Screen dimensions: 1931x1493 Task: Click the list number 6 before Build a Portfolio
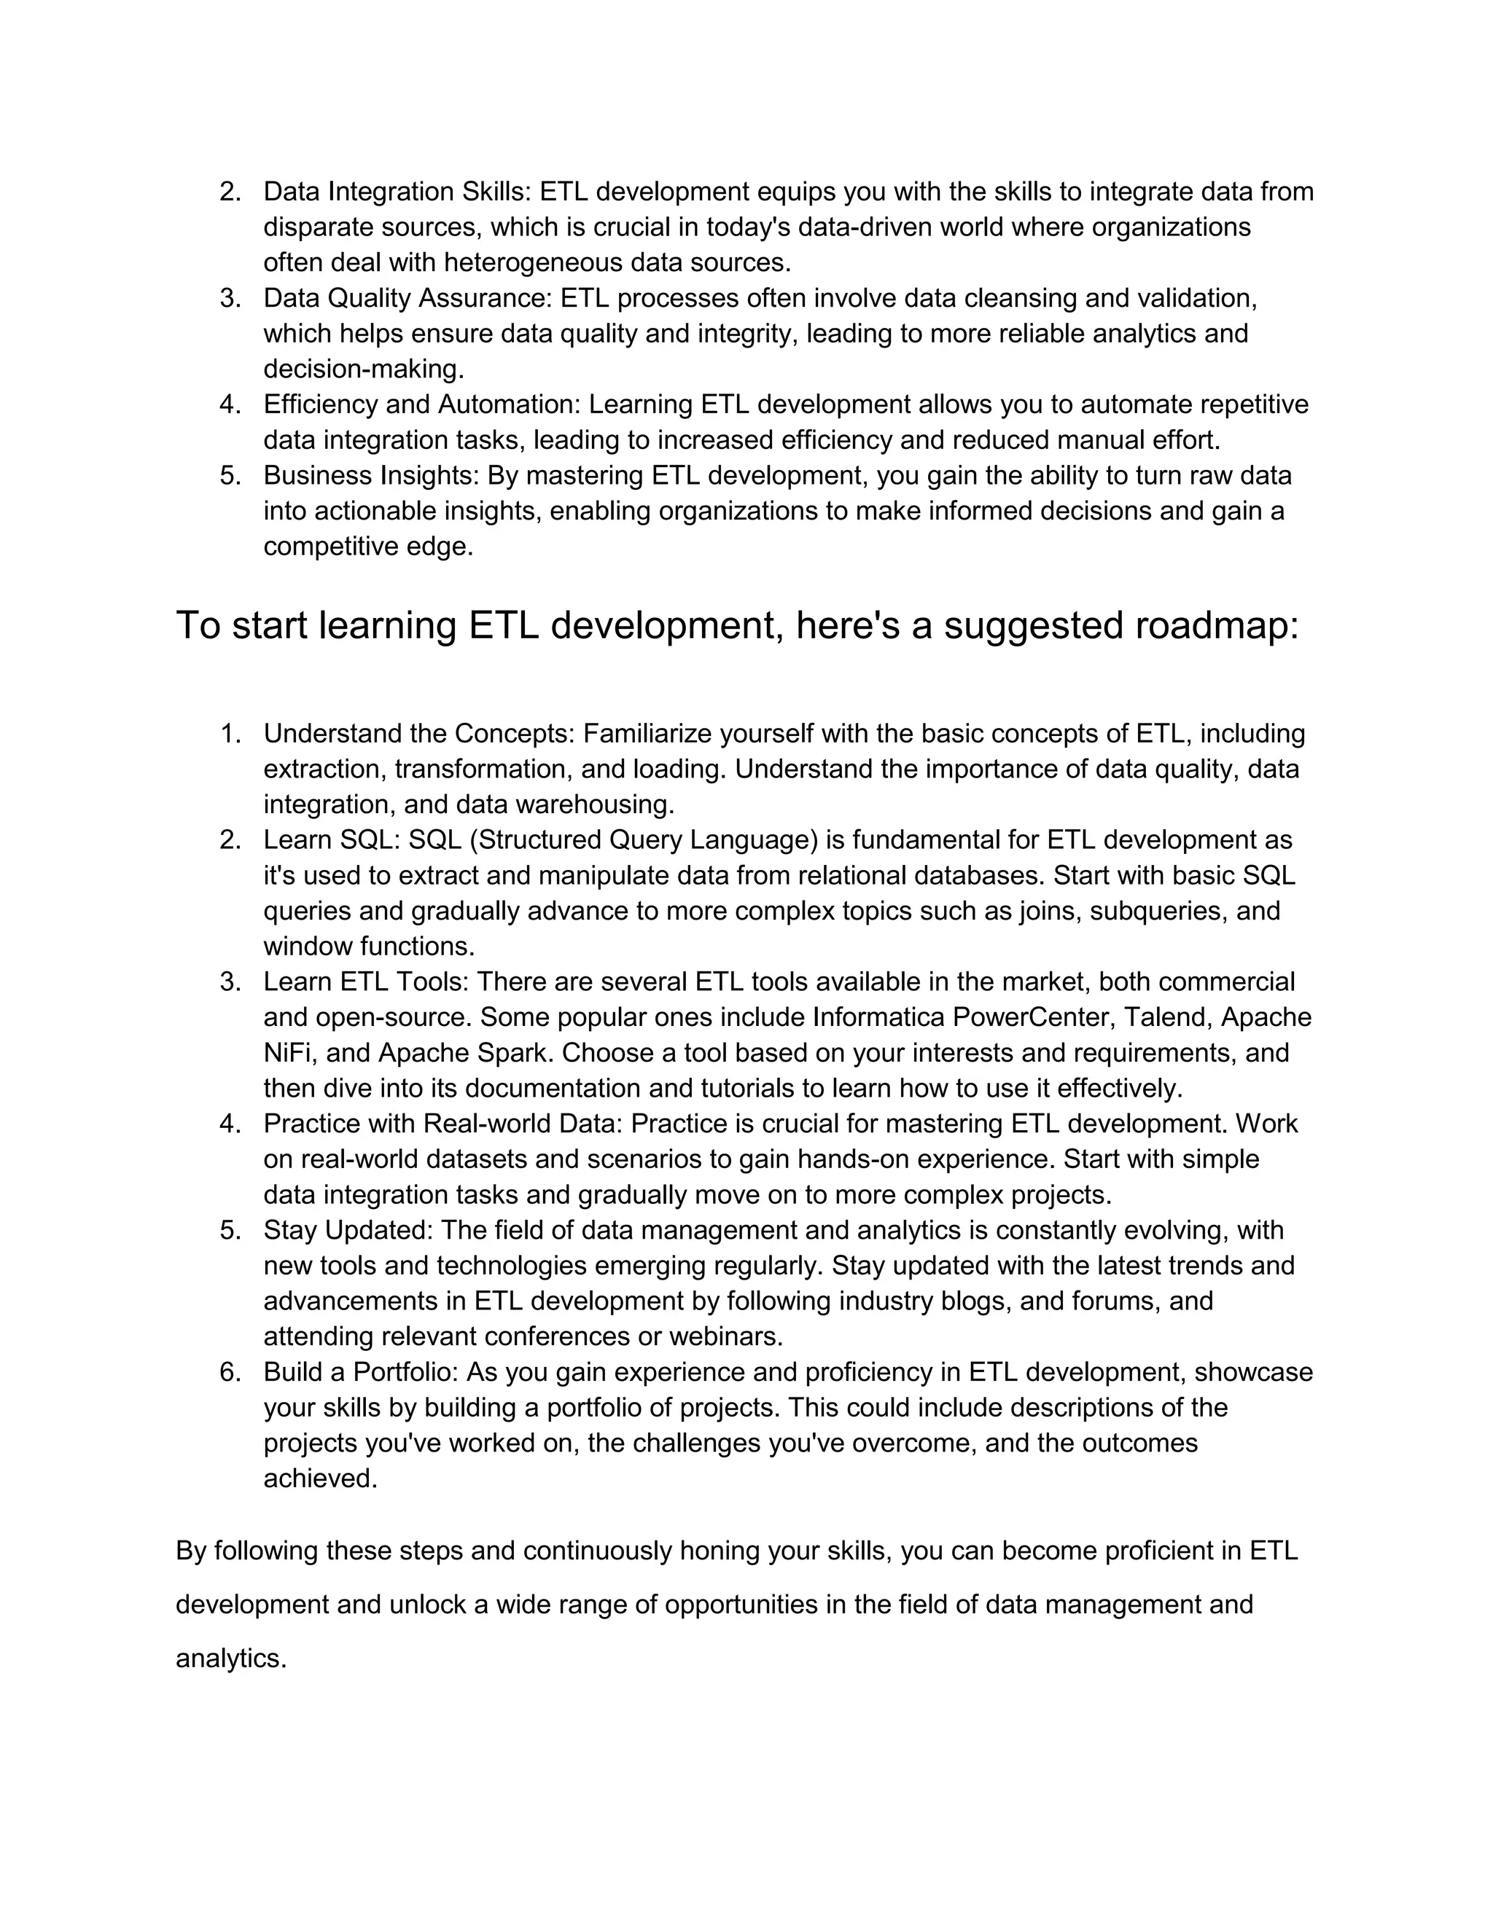229,1371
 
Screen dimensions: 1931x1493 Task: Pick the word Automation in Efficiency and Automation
507,404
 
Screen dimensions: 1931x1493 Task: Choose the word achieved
319,1478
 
